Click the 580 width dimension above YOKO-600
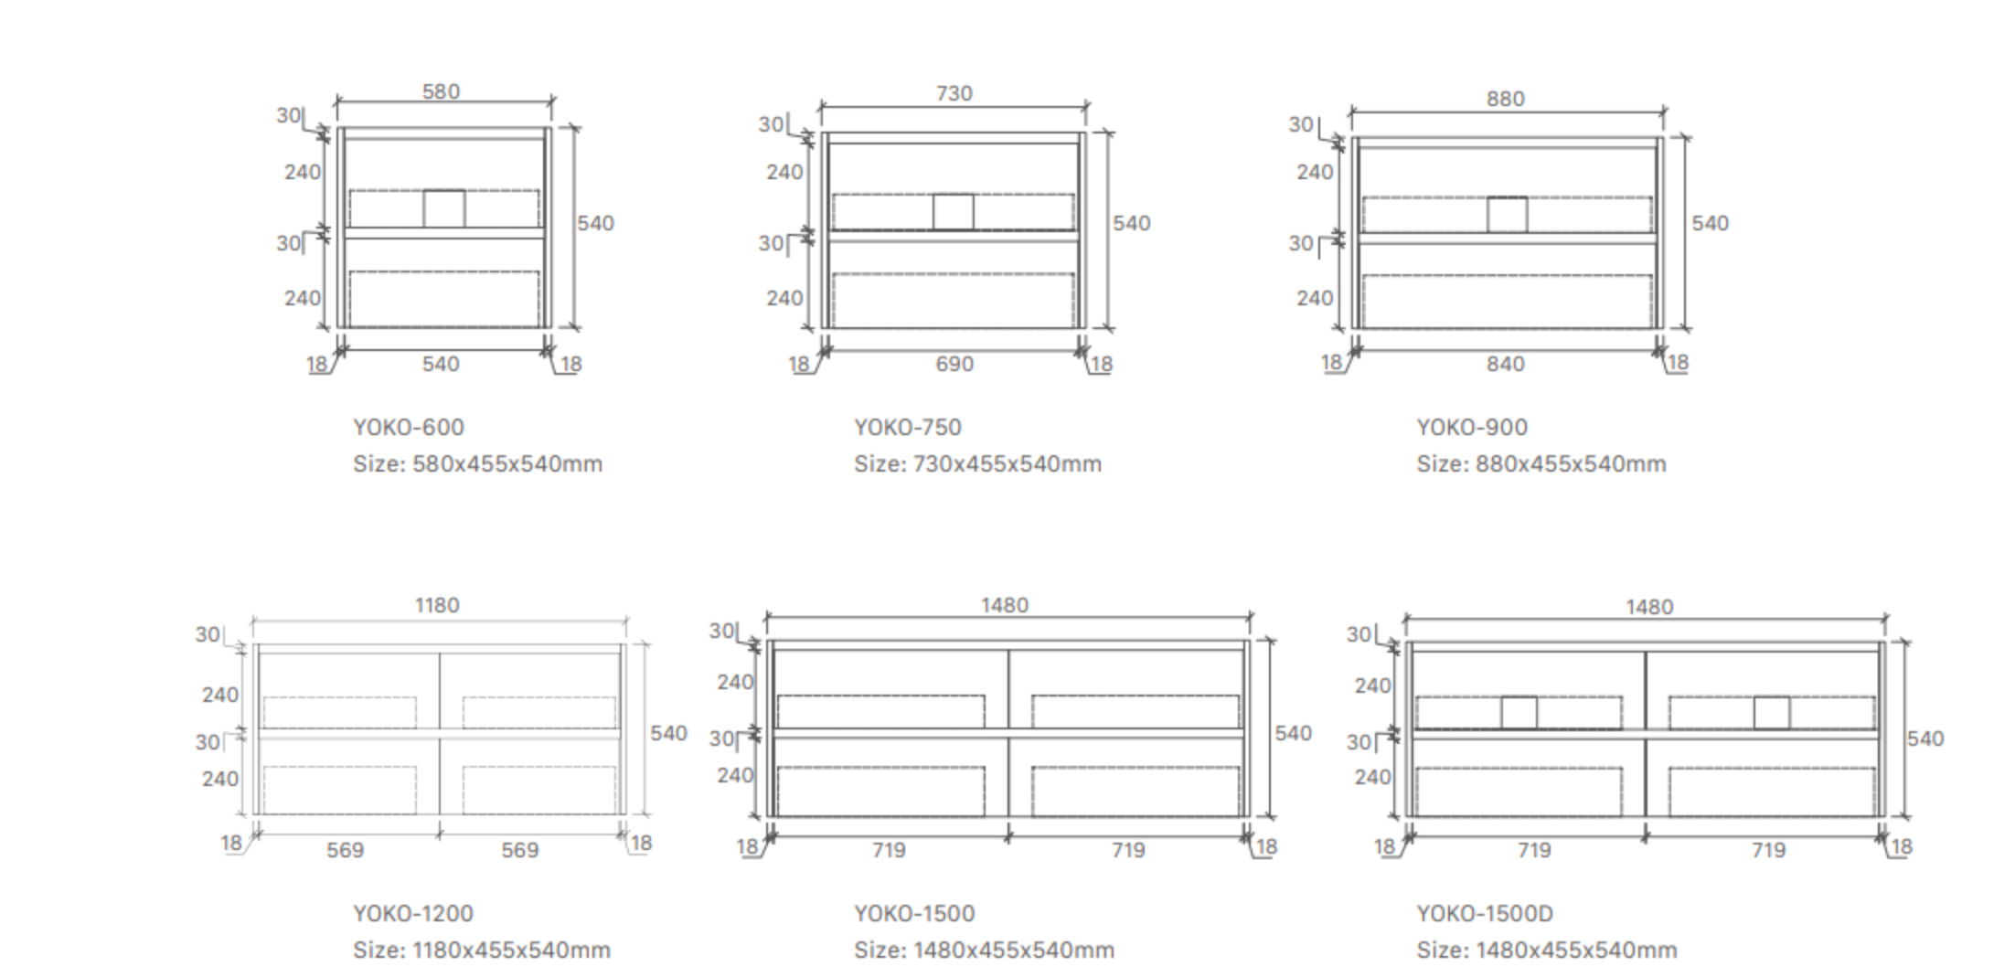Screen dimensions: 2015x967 click(441, 91)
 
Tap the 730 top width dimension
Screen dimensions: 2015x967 click(954, 93)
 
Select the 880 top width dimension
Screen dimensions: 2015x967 click(1505, 99)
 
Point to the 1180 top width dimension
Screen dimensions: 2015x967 click(437, 605)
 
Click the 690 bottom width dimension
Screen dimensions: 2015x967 click(954, 364)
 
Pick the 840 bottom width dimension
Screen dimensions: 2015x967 click(1505, 364)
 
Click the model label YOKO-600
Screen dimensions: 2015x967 click(409, 427)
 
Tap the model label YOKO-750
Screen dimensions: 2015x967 click(908, 427)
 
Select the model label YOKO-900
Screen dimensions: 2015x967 click(1472, 427)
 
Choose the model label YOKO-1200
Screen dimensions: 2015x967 click(413, 913)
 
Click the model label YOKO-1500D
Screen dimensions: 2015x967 click(1485, 913)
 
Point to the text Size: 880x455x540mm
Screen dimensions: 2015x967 click(1541, 463)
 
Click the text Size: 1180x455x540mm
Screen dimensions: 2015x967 click(482, 950)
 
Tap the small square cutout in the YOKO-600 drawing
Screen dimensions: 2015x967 click(443, 208)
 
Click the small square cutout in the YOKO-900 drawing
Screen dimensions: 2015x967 click(1507, 215)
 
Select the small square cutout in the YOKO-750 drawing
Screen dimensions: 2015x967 click(953, 212)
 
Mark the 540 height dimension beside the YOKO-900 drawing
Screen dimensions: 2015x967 click(1710, 223)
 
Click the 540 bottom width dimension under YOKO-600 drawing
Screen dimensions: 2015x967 click(440, 364)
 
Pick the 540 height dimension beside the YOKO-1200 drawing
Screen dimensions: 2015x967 click(668, 733)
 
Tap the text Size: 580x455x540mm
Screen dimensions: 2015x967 click(477, 463)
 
